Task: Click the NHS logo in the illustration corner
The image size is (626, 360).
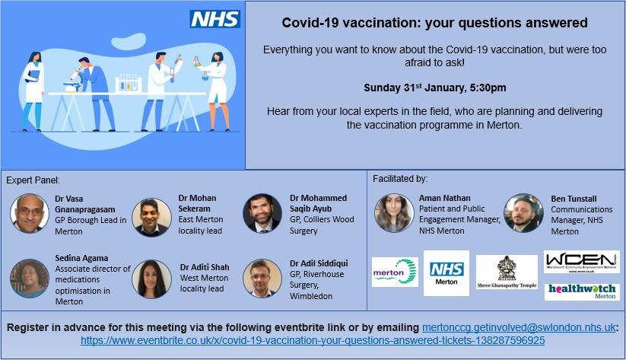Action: [x=214, y=19]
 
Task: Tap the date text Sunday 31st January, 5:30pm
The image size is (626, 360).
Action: [x=435, y=88]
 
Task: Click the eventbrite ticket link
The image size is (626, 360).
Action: [x=313, y=340]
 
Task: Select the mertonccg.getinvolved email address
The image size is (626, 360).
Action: [x=519, y=327]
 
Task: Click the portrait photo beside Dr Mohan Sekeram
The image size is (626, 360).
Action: [x=151, y=217]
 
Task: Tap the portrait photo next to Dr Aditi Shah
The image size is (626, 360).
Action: [x=151, y=279]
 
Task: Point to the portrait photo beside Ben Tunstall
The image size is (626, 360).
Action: [x=523, y=213]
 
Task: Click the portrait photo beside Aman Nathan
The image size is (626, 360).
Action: [x=394, y=213]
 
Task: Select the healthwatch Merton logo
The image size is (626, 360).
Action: [x=582, y=292]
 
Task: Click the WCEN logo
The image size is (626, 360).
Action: [x=582, y=262]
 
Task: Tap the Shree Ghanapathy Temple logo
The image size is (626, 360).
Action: [x=507, y=272]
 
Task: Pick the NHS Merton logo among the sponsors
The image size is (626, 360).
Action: [x=446, y=273]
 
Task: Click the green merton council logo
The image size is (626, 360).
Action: [x=395, y=272]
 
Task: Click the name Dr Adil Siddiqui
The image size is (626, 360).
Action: [x=319, y=263]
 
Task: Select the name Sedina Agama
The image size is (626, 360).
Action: [x=81, y=258]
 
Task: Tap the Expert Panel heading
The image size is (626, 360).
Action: [x=33, y=180]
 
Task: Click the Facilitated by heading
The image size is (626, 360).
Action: [x=400, y=179]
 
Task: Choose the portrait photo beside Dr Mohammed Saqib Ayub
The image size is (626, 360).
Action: [x=262, y=213]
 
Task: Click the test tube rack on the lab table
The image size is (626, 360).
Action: [x=129, y=83]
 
